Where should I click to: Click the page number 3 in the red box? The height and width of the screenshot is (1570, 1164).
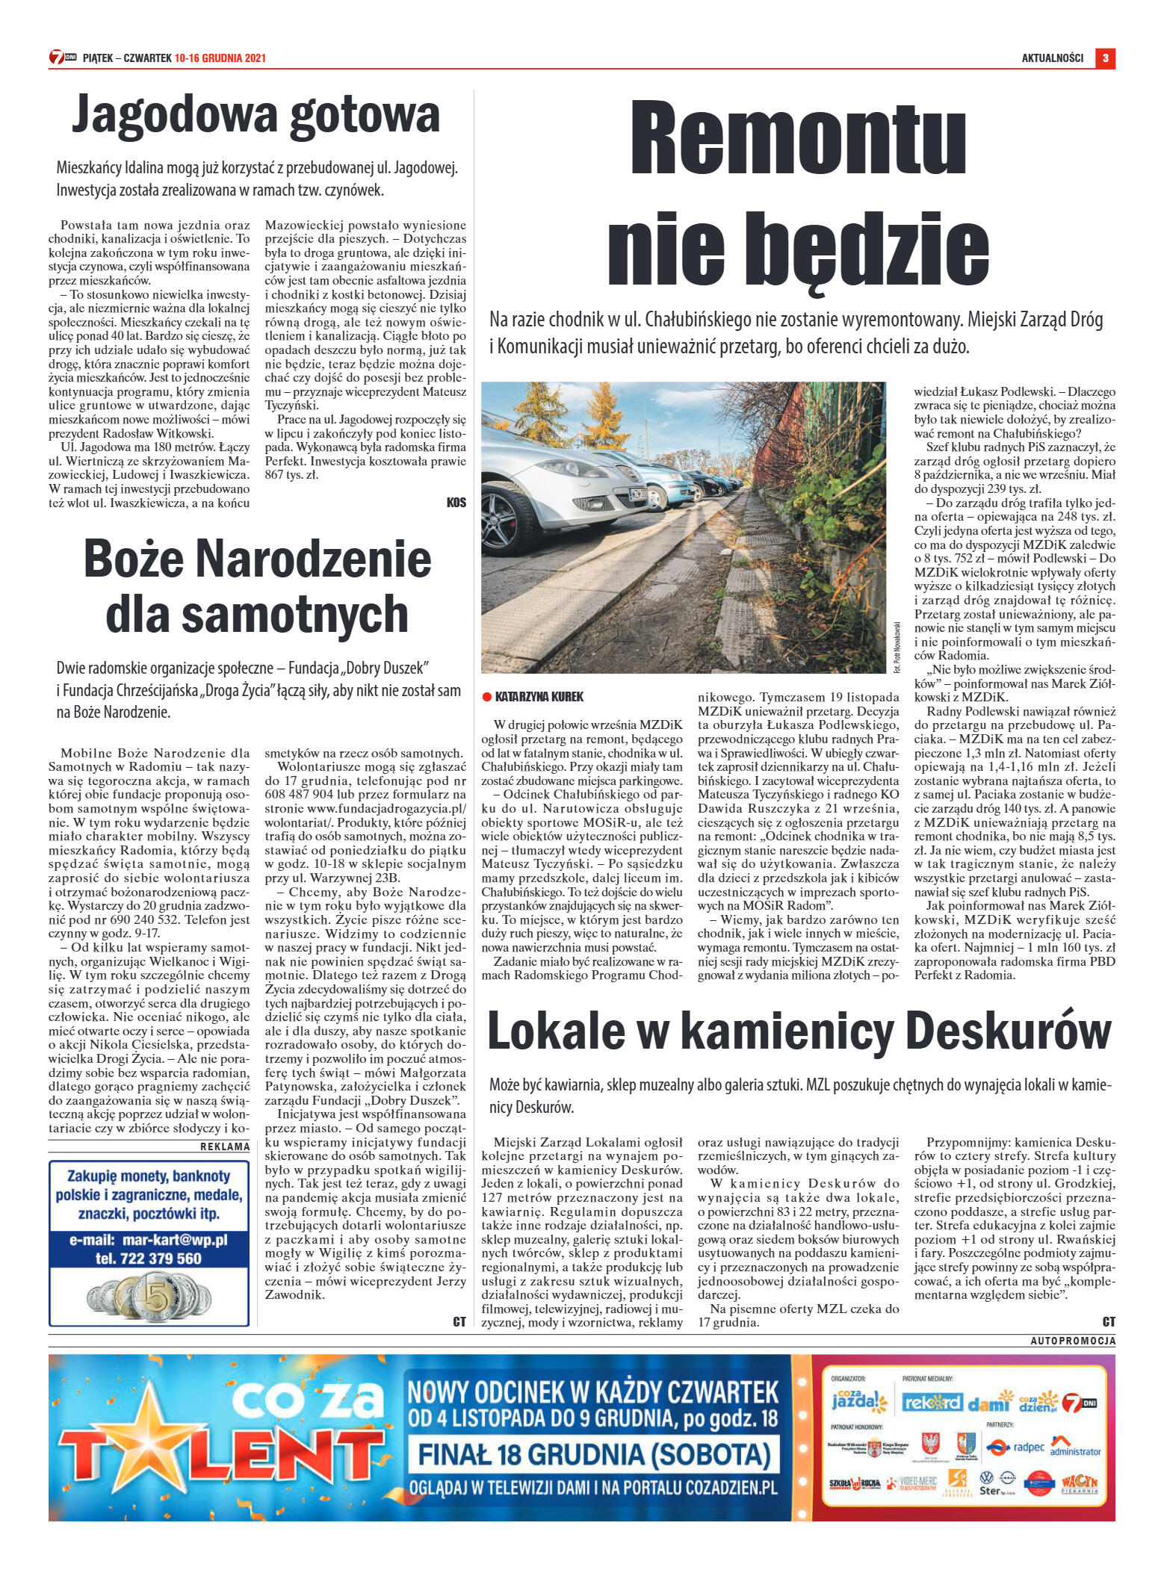click(x=1105, y=58)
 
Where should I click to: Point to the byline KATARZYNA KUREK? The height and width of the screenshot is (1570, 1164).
click(x=539, y=697)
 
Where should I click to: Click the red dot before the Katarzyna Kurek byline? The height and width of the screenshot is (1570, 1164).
click(x=486, y=697)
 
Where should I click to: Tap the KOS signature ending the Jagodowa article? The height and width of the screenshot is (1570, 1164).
click(x=456, y=503)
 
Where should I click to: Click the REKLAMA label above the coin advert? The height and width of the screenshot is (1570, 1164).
click(x=225, y=1147)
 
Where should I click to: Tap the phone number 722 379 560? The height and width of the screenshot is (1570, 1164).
click(x=148, y=1259)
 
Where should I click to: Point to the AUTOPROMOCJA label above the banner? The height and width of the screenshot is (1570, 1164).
click(x=1072, y=1341)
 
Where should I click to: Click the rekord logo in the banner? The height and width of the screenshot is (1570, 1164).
click(x=931, y=1403)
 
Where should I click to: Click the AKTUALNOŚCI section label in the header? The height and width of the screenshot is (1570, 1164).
click(x=1052, y=58)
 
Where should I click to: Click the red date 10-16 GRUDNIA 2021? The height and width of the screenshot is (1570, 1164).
click(x=220, y=58)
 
